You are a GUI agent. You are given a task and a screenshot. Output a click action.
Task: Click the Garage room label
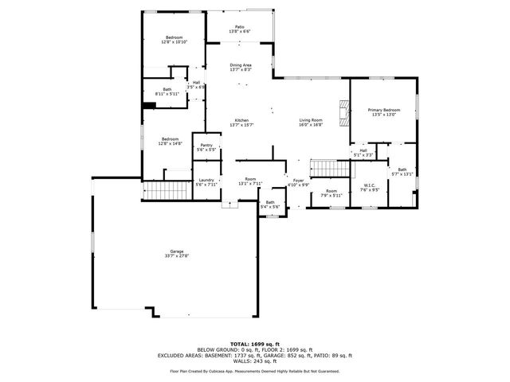pos(176,251)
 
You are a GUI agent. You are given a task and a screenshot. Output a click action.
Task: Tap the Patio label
pos(240,26)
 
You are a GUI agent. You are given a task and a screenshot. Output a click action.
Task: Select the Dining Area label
pos(241,64)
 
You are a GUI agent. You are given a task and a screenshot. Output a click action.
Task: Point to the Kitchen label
pos(241,119)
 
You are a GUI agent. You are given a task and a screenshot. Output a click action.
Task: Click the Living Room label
pos(310,119)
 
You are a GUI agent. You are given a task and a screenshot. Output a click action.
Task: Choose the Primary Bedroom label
pos(383,109)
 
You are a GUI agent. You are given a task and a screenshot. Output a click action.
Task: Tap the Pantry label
pos(206,145)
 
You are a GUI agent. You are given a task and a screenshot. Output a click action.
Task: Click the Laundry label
pos(206,180)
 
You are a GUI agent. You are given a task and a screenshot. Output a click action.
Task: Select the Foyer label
pos(298,180)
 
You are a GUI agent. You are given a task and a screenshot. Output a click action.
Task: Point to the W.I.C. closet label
pos(368,186)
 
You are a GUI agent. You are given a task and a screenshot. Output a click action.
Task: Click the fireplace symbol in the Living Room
pos(343,112)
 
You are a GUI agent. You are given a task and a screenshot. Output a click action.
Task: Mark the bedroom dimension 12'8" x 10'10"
pos(174,42)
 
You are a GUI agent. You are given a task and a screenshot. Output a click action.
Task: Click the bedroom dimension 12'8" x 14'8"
pos(171,143)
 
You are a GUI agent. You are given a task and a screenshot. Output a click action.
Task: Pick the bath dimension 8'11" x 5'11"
pos(167,94)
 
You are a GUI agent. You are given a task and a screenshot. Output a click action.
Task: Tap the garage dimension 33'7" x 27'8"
pos(176,255)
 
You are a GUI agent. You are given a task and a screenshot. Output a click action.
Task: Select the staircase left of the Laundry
pos(167,191)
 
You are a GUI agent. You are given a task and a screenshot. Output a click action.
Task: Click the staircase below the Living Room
pos(324,167)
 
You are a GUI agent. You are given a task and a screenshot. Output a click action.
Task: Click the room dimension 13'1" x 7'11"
pos(250,184)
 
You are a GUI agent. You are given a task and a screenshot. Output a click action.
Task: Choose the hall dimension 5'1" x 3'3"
pos(363,155)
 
